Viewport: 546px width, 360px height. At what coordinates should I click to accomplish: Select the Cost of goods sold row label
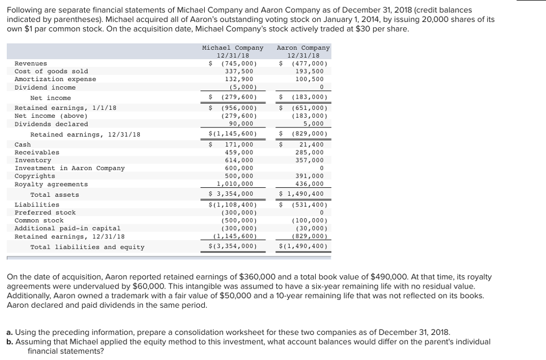click(51, 71)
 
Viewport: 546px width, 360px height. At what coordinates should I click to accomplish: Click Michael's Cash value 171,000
click(239, 145)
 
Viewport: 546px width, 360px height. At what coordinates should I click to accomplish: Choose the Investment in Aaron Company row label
click(69, 169)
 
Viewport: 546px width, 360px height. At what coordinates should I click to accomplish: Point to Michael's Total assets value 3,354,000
click(233, 194)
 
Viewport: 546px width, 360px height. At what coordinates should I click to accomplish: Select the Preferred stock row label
click(45, 213)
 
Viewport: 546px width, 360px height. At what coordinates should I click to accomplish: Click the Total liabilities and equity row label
click(87, 247)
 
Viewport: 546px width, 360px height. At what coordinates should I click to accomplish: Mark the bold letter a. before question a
click(10, 331)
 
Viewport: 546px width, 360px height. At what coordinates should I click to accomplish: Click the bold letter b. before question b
click(10, 341)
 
